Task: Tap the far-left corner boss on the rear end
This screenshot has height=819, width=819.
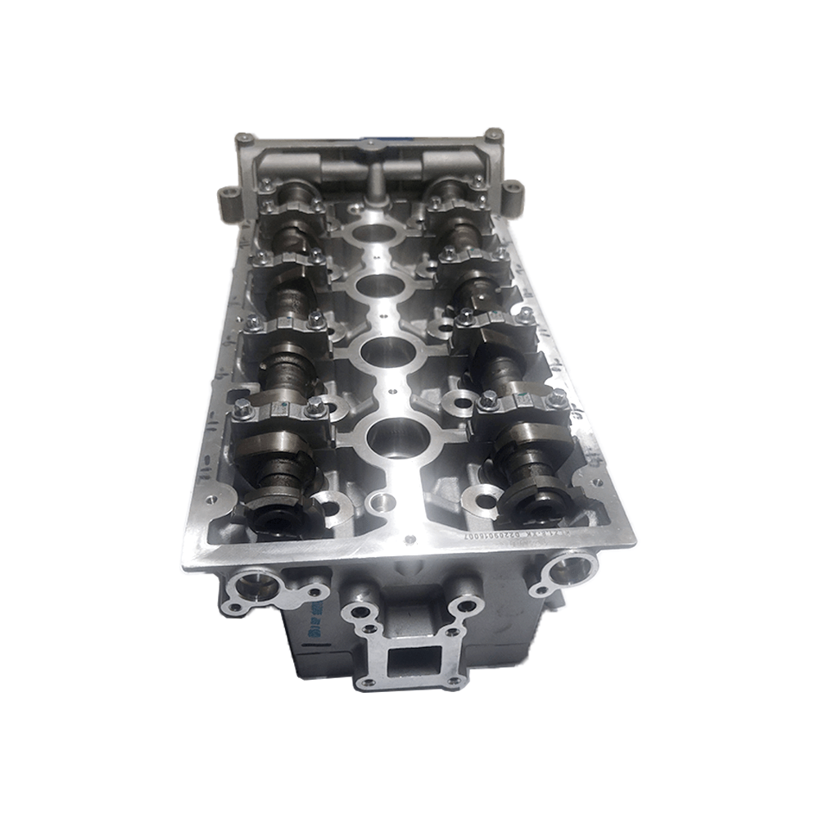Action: [x=242, y=139]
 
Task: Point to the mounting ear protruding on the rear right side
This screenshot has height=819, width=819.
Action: [x=513, y=191]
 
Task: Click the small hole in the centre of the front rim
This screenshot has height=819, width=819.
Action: [x=409, y=537]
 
